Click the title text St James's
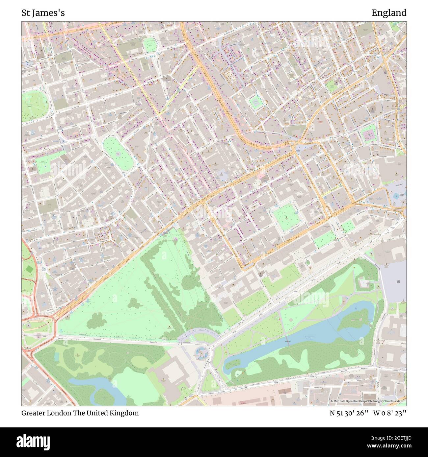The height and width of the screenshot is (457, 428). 43,13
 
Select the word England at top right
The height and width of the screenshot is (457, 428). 389,13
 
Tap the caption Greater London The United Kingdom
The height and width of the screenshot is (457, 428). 80,413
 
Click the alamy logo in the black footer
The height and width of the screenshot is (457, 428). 34,441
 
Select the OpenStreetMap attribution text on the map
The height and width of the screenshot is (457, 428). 368,401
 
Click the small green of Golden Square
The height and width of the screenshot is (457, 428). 255,102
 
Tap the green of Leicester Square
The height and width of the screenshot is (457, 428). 368,134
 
